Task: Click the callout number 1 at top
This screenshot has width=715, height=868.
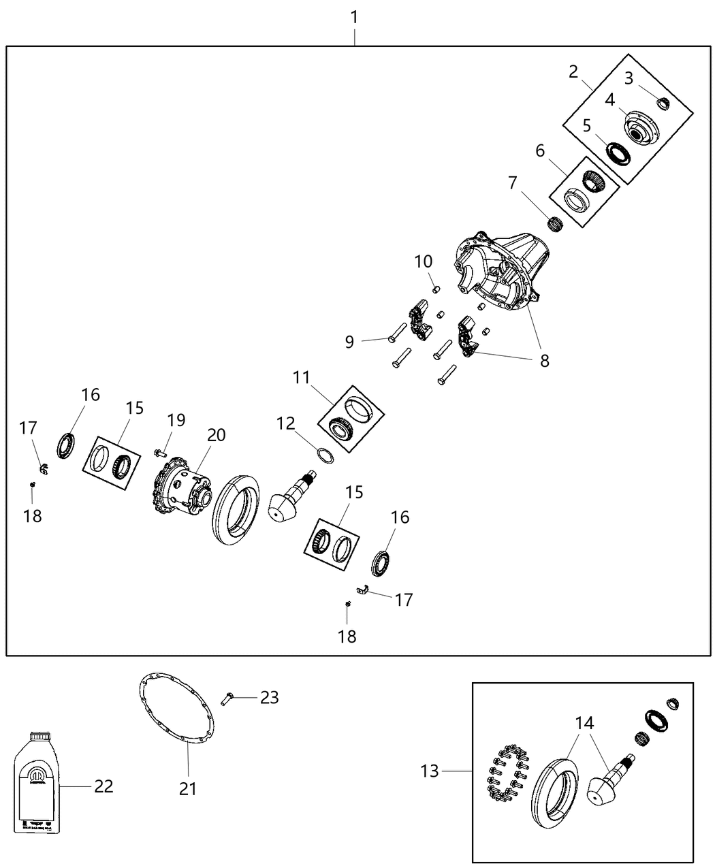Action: coord(354,16)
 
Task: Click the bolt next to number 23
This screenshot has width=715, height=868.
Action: coord(228,697)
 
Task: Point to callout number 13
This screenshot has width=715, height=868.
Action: coord(430,771)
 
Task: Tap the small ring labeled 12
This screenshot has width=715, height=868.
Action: coord(326,455)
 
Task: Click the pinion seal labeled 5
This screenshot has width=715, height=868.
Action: coord(619,152)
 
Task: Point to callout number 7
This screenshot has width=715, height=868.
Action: coord(512,182)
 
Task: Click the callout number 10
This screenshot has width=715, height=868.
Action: coord(423,261)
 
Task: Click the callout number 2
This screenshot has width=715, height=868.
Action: coord(573,71)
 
